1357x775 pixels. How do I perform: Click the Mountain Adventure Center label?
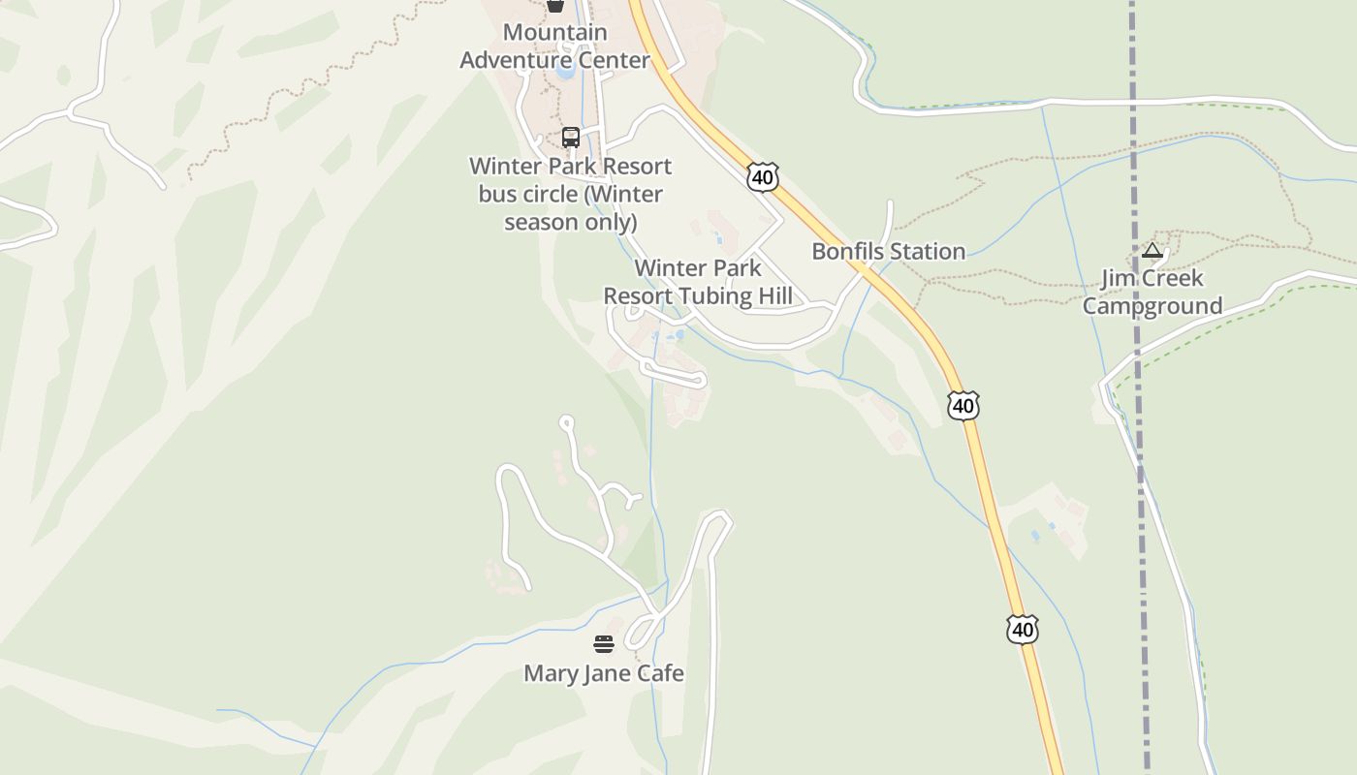(x=554, y=46)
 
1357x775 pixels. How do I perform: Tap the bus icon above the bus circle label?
(x=571, y=138)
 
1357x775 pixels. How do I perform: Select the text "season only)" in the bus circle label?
(x=570, y=222)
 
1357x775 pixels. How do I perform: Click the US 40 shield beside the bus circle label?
(x=763, y=177)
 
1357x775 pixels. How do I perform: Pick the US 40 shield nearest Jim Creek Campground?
(x=963, y=406)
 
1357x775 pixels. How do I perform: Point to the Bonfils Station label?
(x=888, y=252)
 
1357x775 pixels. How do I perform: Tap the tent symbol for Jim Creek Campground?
(x=1152, y=251)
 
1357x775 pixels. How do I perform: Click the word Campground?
(x=1152, y=306)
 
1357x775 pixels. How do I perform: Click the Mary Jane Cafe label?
(x=604, y=673)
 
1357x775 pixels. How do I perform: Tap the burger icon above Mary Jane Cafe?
(x=604, y=644)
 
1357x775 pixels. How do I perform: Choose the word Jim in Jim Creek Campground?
(x=1119, y=278)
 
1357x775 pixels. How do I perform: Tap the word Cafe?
(x=660, y=673)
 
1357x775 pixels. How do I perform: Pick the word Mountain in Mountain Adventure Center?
(x=554, y=32)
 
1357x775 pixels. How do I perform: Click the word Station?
(x=928, y=252)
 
